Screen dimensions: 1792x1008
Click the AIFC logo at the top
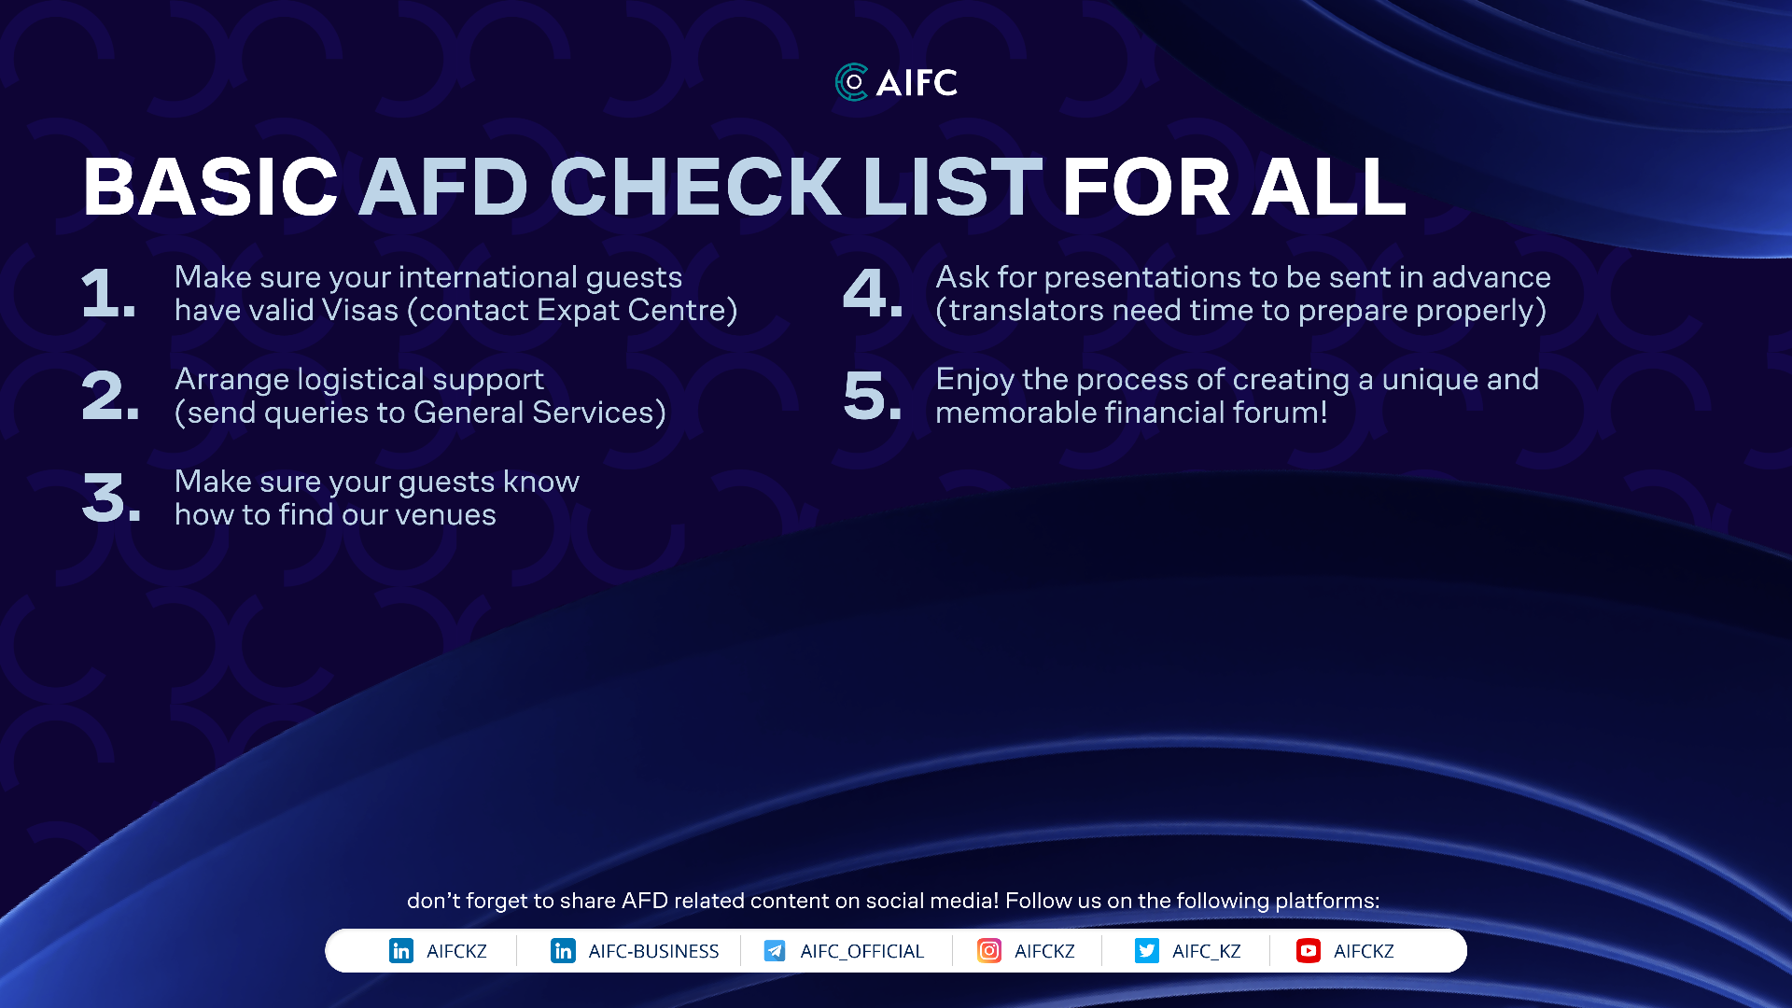tap(896, 82)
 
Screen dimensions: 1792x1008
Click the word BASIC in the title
tap(210, 187)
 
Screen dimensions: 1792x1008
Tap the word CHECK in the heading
tap(695, 187)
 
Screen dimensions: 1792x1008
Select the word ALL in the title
tap(1328, 187)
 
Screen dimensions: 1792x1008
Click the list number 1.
tap(108, 293)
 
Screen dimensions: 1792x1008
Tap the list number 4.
tap(873, 293)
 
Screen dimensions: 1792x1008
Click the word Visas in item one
tap(360, 310)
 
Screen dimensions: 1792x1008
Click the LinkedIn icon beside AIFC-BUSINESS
tap(563, 951)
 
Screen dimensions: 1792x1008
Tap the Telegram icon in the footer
tap(775, 951)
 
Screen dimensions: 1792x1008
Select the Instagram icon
tap(989, 951)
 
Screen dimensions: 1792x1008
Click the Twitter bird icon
tap(1147, 951)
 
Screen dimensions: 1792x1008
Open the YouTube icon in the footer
tap(1309, 951)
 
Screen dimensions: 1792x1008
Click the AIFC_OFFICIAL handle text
tap(861, 951)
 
